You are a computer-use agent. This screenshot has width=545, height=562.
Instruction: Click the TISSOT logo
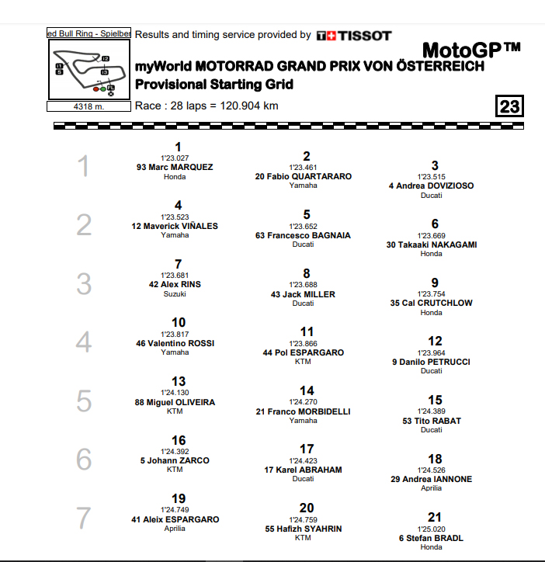coord(353,35)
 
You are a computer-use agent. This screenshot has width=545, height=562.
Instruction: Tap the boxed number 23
coord(510,106)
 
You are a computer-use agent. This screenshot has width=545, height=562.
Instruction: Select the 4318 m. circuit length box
coord(88,106)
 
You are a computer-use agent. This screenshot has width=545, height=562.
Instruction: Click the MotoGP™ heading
coord(470,51)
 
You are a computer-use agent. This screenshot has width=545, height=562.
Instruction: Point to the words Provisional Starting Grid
coord(213,84)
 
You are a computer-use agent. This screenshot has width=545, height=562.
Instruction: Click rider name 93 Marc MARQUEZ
coord(175,167)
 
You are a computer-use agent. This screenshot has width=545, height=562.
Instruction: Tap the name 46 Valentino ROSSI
coord(175,343)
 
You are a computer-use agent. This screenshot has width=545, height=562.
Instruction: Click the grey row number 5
coord(84,401)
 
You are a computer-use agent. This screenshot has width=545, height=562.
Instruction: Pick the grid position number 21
coord(435,517)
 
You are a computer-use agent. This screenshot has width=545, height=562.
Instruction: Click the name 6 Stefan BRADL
coord(431,538)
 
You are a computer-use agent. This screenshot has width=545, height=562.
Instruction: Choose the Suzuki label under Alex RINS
coord(175,294)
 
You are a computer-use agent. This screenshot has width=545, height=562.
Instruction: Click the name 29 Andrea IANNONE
coord(431,479)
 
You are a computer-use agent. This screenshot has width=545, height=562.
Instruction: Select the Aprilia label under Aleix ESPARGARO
coord(175,529)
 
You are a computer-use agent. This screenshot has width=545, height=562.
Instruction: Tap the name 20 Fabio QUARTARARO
coord(303,176)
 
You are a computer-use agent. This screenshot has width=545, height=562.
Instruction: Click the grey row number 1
coord(84,167)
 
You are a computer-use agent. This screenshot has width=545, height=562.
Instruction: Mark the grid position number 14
coord(307,390)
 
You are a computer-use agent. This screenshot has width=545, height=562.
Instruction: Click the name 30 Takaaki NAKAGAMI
coord(431,245)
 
